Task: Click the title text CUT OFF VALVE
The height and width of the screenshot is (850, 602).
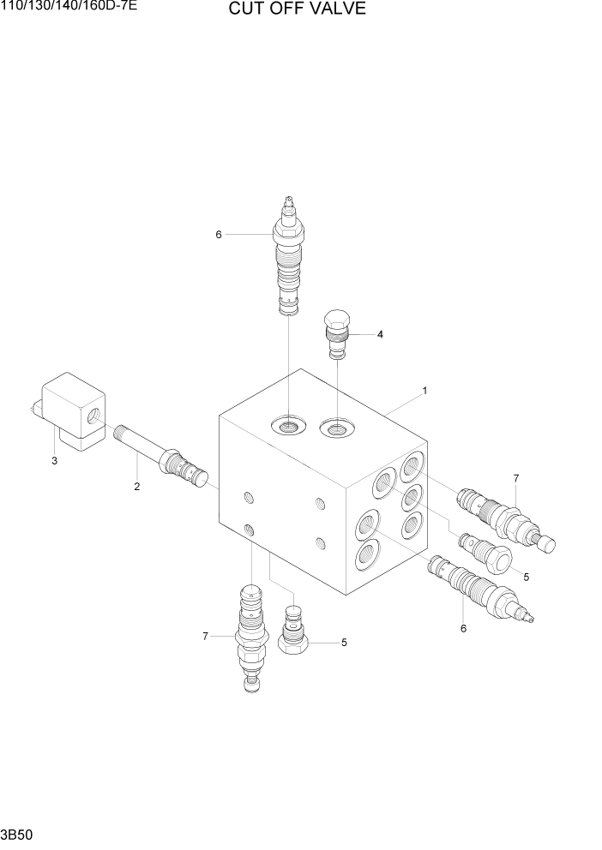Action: [297, 9]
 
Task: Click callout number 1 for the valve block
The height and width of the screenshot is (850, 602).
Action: [424, 391]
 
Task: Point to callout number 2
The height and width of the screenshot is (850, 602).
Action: [135, 487]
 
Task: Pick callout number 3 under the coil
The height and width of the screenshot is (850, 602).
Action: [54, 461]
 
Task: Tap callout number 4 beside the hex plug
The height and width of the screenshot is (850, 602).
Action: [380, 334]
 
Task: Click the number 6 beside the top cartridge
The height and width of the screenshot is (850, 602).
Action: [219, 234]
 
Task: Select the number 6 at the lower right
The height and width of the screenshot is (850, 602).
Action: [464, 628]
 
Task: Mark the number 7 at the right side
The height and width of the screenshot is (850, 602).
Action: [516, 477]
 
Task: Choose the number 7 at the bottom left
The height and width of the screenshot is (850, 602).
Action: [205, 636]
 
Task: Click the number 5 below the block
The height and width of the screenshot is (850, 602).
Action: [344, 642]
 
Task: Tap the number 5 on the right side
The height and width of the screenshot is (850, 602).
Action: [526, 577]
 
